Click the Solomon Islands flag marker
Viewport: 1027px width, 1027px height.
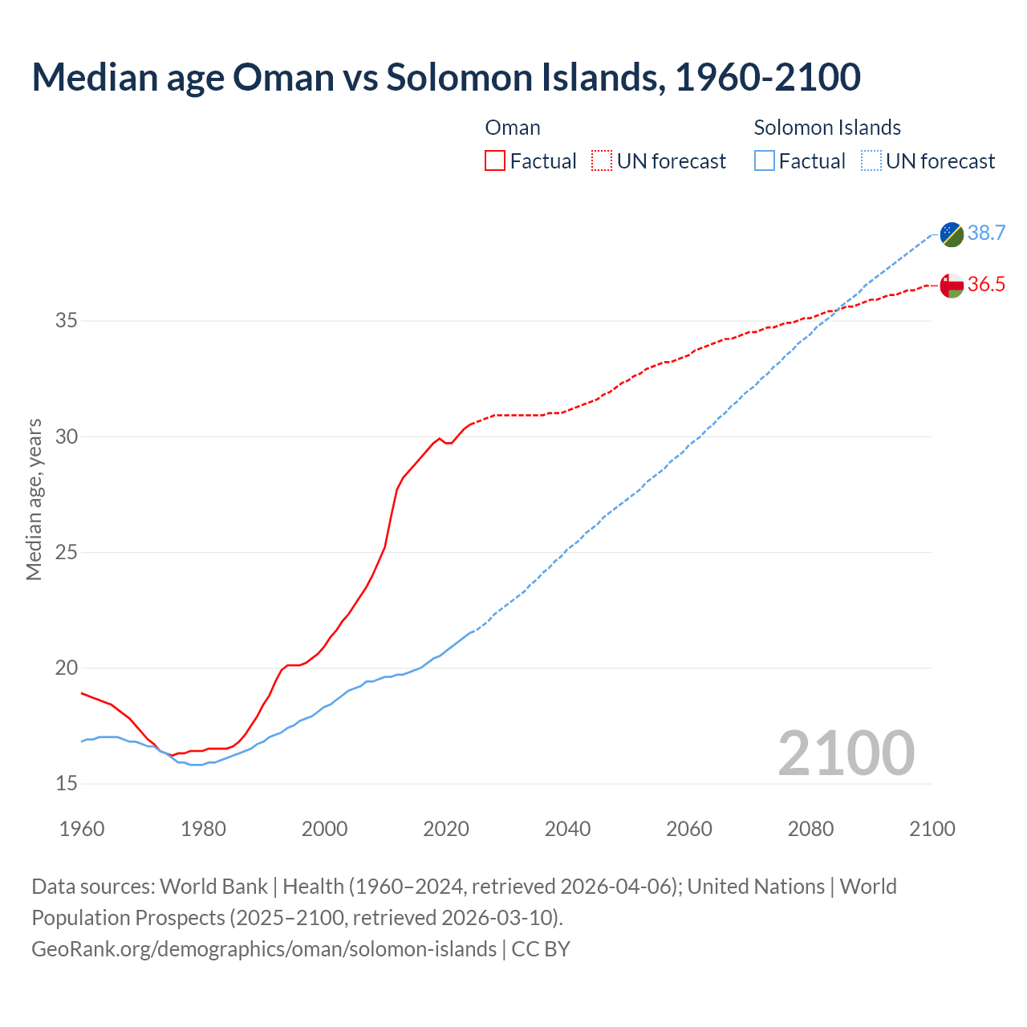pos(952,234)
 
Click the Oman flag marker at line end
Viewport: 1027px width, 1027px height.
pos(952,286)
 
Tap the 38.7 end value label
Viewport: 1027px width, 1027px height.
pos(986,233)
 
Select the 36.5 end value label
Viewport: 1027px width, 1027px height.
pos(986,285)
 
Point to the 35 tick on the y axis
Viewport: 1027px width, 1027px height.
pos(67,321)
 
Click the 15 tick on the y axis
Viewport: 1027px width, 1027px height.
pos(67,783)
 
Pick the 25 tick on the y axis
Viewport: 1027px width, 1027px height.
pos(67,552)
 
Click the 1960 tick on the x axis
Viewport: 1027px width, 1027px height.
pos(82,829)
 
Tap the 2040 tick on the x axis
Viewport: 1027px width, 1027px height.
pos(567,829)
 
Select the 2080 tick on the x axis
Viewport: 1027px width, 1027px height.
pos(810,829)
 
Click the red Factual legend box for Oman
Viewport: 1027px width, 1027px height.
pos(495,161)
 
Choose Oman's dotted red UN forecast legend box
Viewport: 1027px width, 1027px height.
pos(602,161)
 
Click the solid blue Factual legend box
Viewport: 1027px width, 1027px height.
pos(765,161)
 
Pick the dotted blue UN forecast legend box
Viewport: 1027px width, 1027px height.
pos(871,161)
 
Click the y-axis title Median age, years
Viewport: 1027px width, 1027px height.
pos(34,499)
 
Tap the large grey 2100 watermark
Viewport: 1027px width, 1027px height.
pos(846,753)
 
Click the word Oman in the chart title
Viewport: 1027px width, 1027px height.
pos(283,77)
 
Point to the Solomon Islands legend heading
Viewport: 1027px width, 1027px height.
pos(827,128)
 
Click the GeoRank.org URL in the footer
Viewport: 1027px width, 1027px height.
pos(264,948)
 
